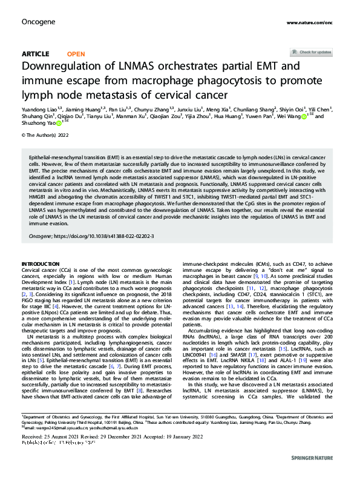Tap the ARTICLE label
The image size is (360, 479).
(35, 54)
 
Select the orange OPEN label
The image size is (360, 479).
(76, 54)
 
